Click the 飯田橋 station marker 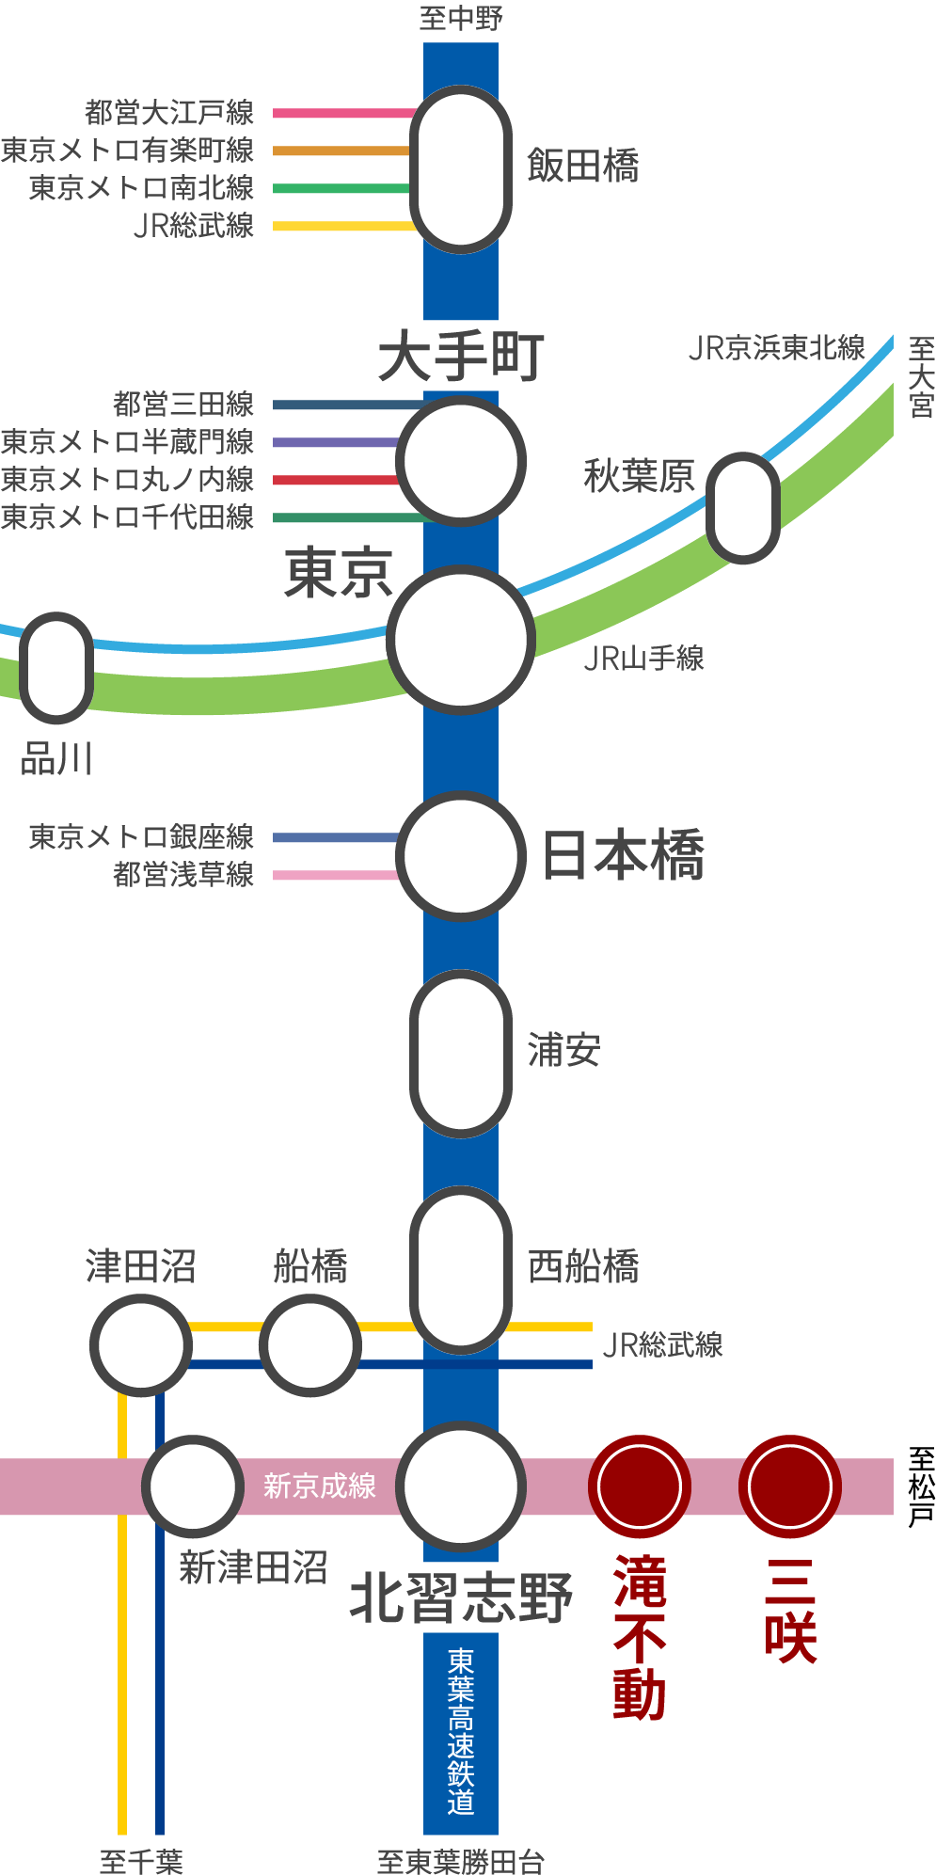tap(460, 169)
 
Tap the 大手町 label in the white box tap(460, 357)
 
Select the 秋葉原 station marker tap(743, 508)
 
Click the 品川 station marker tap(56, 668)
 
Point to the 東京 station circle tap(460, 640)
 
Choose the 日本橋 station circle tap(460, 855)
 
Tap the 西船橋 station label tap(583, 1266)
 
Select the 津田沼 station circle tap(141, 1345)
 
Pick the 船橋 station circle tap(309, 1345)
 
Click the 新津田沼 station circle tap(193, 1486)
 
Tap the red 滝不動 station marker tap(640, 1486)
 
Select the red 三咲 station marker tap(790, 1486)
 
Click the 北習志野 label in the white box tap(460, 1597)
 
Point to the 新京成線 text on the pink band tap(320, 1486)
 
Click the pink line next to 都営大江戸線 tap(343, 113)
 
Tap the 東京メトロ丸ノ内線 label tap(127, 480)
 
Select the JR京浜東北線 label tap(776, 348)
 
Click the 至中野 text tap(460, 18)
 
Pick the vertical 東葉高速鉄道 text tap(460, 1731)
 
